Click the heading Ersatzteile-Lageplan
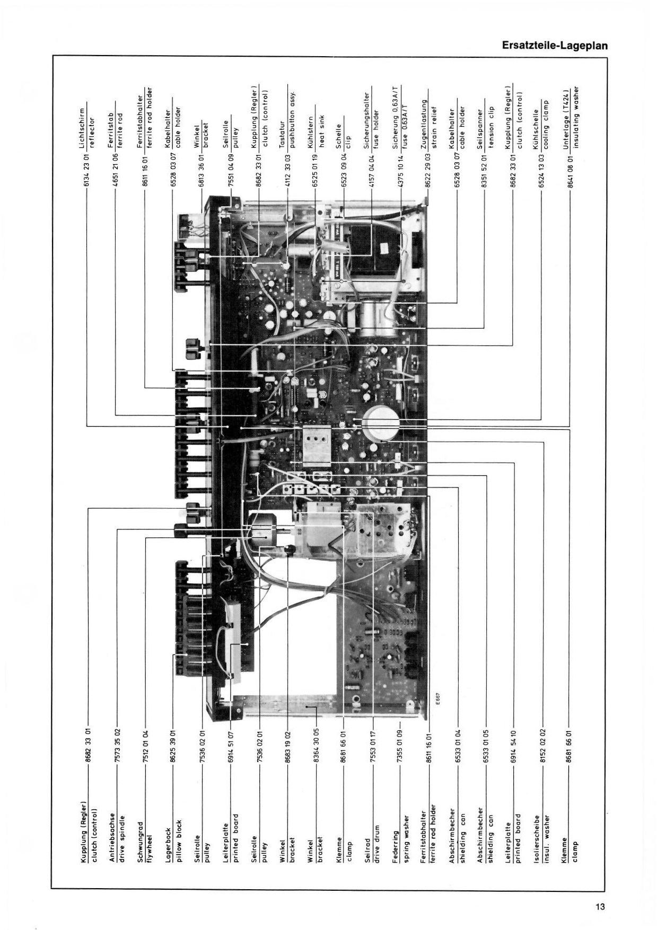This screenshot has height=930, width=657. pyautogui.click(x=554, y=46)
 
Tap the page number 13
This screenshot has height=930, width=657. pyautogui.click(x=600, y=907)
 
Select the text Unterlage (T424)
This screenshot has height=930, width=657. pyautogui.click(x=567, y=118)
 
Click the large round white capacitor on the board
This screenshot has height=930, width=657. pyautogui.click(x=382, y=423)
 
